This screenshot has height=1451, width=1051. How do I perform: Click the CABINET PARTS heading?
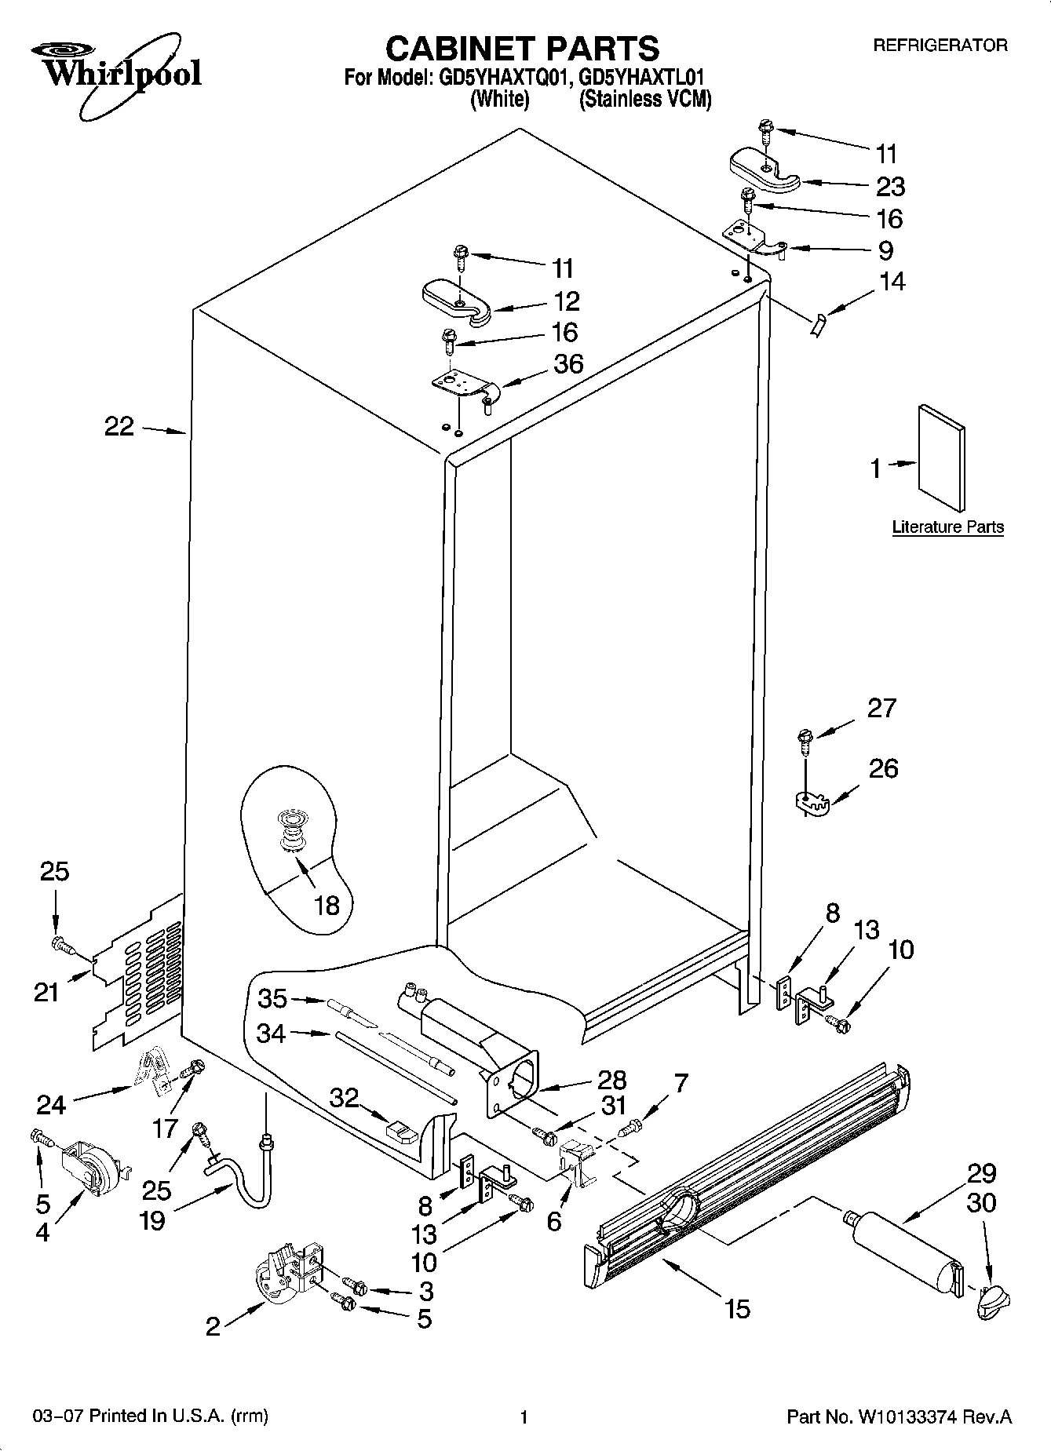(522, 49)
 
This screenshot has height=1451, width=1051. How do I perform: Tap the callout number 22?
(119, 428)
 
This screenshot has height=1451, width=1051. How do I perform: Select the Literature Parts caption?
(947, 527)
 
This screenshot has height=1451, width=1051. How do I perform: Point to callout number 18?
(327, 906)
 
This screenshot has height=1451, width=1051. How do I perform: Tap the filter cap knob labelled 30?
(994, 1303)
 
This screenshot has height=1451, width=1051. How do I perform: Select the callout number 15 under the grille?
(738, 1308)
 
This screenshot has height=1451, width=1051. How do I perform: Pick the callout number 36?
(568, 364)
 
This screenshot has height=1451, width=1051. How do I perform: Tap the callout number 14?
(892, 281)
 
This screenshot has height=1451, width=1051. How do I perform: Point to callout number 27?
(881, 708)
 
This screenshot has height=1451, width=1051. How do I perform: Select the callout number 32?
(344, 1097)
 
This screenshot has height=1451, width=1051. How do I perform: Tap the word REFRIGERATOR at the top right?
(940, 46)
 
